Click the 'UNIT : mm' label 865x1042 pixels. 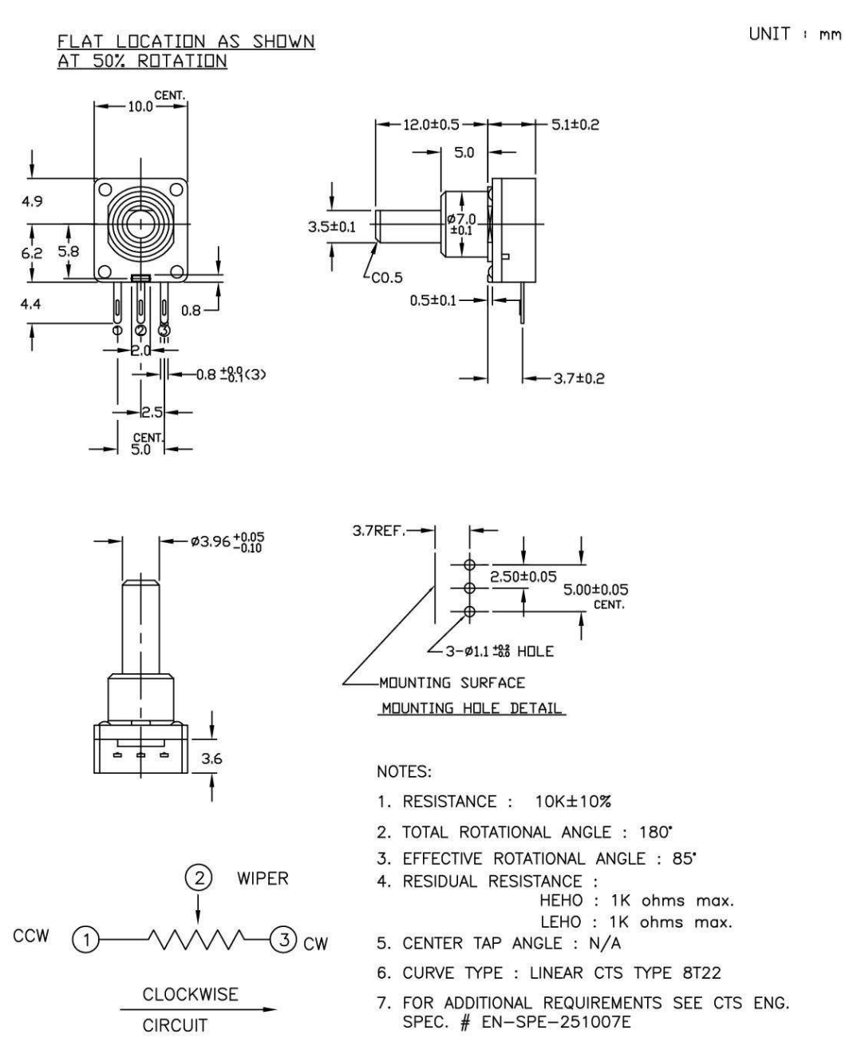coord(795,35)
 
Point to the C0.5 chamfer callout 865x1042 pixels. coord(388,278)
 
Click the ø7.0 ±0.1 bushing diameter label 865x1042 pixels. coord(462,224)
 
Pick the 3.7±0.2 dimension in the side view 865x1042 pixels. coord(579,378)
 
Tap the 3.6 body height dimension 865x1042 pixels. coord(211,759)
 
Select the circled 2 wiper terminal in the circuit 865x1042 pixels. coord(199,879)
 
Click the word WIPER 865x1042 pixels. coord(263,879)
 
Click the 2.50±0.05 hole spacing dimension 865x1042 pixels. coord(523,576)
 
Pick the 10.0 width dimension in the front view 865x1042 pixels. coord(140,107)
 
